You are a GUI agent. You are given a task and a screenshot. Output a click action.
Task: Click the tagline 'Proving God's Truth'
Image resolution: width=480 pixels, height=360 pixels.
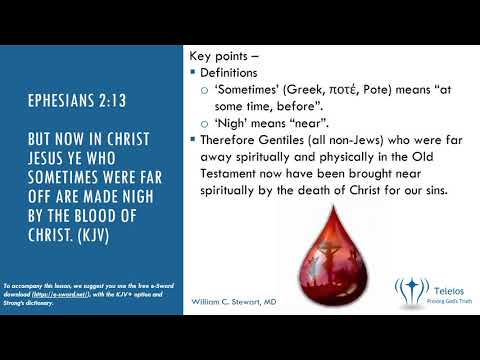pos(445,297)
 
